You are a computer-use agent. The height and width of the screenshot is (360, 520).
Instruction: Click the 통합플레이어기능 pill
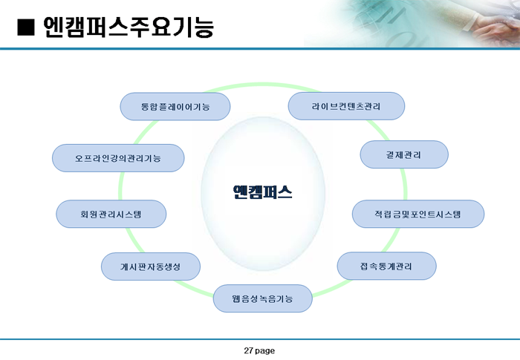[175, 106]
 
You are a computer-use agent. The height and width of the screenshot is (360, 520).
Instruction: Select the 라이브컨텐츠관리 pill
[346, 106]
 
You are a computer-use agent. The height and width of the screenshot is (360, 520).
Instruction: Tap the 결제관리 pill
[404, 154]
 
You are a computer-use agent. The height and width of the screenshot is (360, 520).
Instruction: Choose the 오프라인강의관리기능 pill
[118, 158]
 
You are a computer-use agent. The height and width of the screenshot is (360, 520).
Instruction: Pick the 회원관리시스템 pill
[111, 214]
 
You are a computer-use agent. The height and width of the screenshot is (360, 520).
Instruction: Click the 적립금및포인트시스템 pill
[418, 214]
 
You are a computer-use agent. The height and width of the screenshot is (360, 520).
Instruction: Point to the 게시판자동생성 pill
[151, 266]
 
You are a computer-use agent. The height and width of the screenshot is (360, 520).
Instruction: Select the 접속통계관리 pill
[387, 266]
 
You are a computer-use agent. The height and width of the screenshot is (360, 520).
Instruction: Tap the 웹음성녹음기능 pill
[263, 298]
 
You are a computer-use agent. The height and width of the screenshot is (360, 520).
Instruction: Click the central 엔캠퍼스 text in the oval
[263, 192]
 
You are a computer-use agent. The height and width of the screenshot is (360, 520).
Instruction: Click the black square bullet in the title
[26, 27]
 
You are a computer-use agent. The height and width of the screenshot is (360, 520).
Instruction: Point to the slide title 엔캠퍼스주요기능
[129, 27]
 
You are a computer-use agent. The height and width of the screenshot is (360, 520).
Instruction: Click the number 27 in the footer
[248, 350]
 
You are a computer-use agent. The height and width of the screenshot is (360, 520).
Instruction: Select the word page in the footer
[265, 351]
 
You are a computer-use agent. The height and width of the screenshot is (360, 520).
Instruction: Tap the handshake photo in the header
[412, 24]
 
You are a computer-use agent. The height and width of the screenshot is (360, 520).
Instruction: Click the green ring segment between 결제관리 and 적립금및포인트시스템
[405, 184]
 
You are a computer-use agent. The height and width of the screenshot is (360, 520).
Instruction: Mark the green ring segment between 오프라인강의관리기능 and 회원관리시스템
[121, 186]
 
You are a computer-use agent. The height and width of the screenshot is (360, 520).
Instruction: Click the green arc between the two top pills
[262, 85]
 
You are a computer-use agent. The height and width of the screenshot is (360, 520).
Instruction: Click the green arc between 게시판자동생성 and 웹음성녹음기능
[194, 289]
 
